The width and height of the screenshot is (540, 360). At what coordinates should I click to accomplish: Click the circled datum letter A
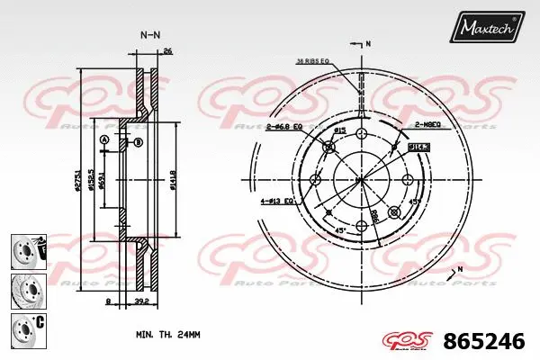pos(103,139)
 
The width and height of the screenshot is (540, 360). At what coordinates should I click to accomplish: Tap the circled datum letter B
pos(138,143)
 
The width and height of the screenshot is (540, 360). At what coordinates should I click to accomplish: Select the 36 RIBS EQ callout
pos(312,61)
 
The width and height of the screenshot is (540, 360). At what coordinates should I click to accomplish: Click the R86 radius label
pos(372,215)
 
